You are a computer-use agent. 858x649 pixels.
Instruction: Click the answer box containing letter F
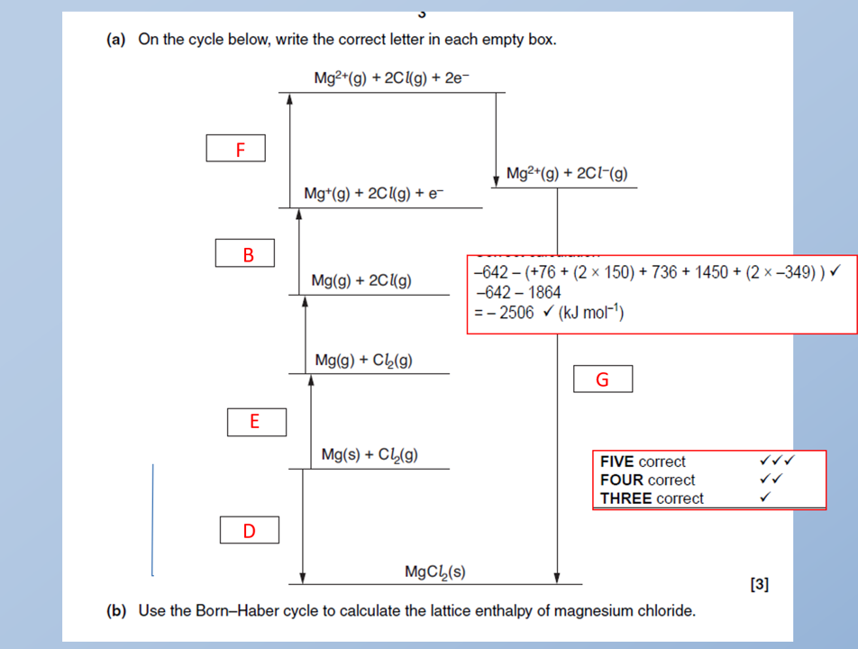pyautogui.click(x=235, y=149)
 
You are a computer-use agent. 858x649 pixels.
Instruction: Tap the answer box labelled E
pyautogui.click(x=256, y=422)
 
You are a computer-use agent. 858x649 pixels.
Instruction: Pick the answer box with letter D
pyautogui.click(x=249, y=531)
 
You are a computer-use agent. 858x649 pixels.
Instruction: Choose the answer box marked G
pyautogui.click(x=602, y=379)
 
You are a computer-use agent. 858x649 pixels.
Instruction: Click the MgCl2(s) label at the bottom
pyautogui.click(x=435, y=571)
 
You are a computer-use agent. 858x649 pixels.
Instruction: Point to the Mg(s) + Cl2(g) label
pyautogui.click(x=370, y=455)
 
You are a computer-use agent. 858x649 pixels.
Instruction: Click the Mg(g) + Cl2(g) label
pyautogui.click(x=364, y=361)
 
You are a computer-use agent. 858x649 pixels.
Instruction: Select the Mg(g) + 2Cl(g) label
pyautogui.click(x=361, y=281)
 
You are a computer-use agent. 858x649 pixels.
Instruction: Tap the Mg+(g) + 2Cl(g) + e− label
pyautogui.click(x=374, y=195)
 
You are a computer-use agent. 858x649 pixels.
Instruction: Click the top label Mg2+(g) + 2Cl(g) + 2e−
pyautogui.click(x=391, y=78)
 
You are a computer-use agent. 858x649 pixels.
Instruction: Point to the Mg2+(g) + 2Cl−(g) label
pyautogui.click(x=567, y=174)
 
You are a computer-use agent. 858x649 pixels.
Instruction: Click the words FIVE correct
pyautogui.click(x=643, y=462)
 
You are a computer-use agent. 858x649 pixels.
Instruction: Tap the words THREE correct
pyautogui.click(x=652, y=498)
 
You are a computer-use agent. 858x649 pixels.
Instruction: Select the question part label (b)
pyautogui.click(x=117, y=611)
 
